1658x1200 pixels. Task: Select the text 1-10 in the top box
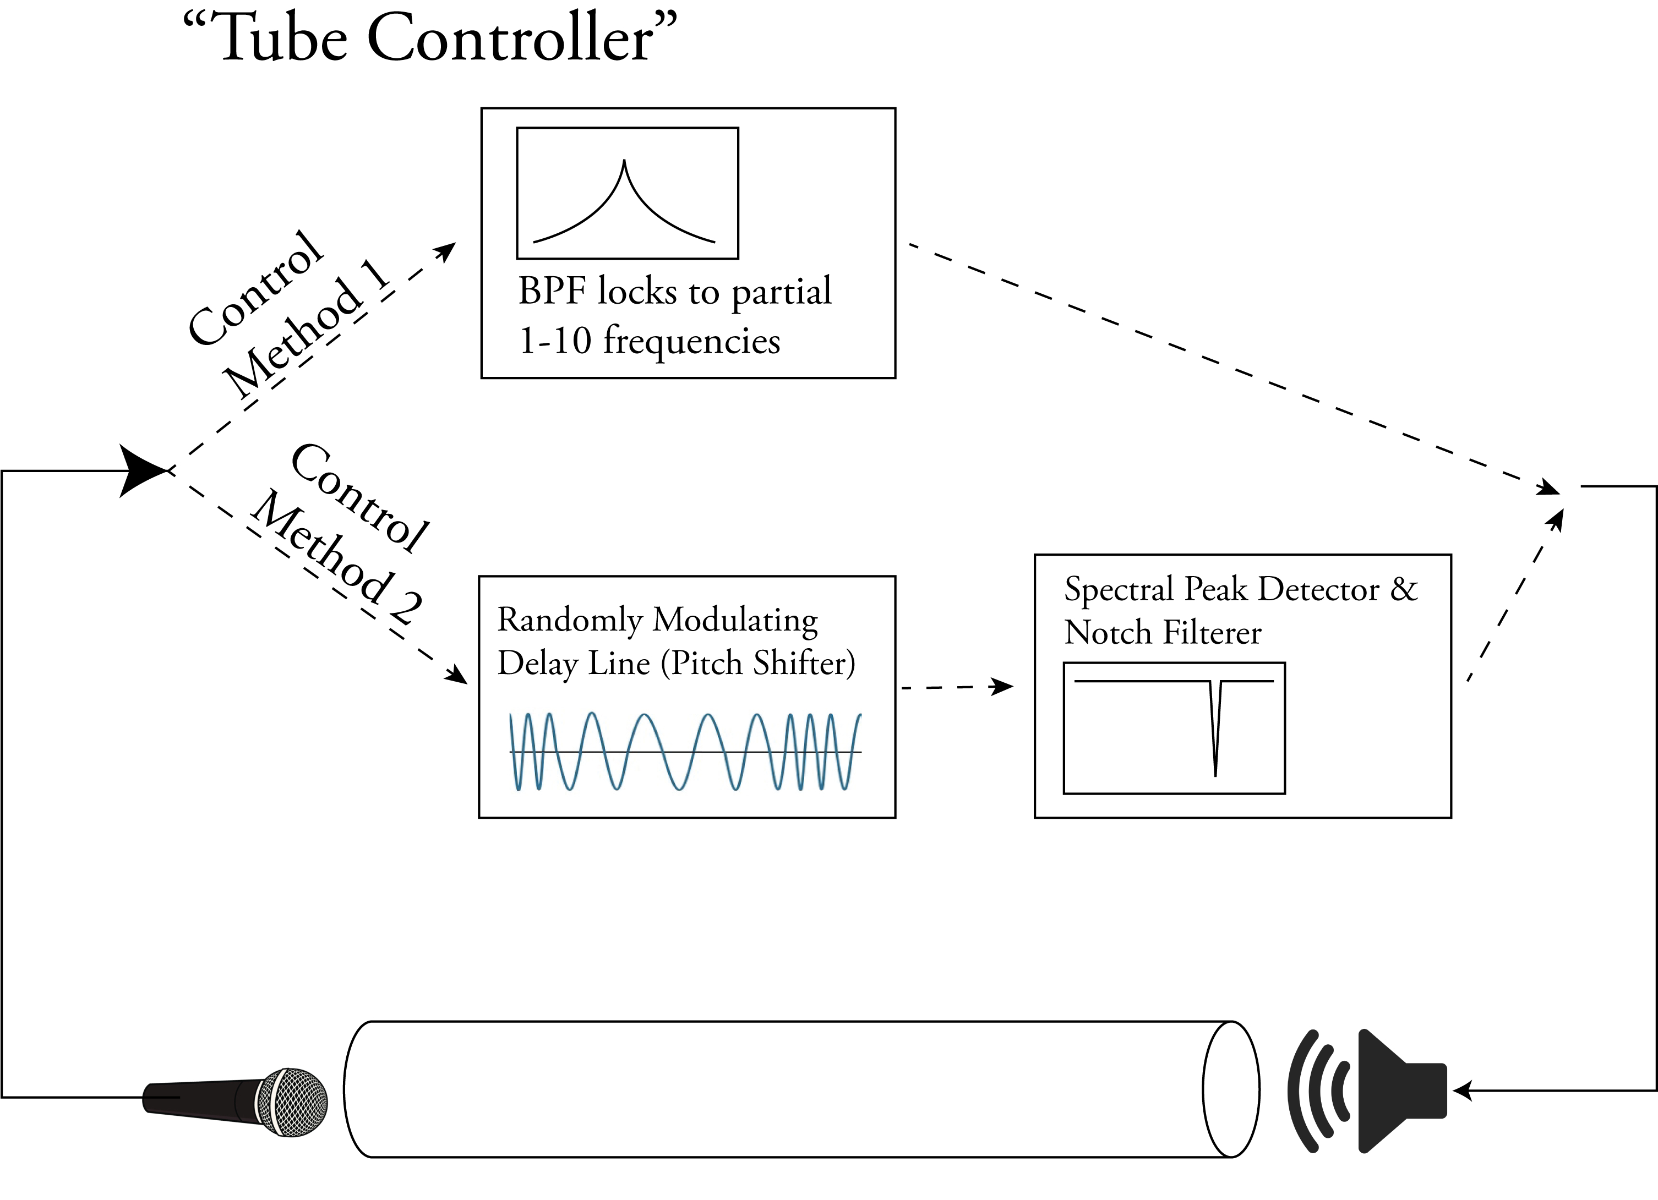click(554, 341)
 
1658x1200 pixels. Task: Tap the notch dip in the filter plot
click(1215, 731)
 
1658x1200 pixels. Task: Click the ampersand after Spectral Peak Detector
click(1404, 589)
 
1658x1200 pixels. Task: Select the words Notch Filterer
click(1163, 633)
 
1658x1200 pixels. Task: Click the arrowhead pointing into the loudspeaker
click(1462, 1091)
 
